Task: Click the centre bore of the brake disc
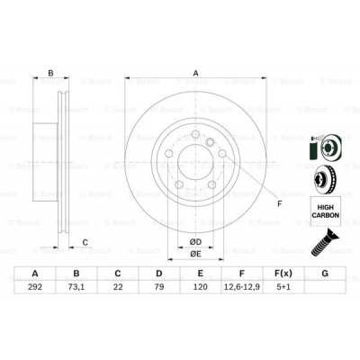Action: [x=193, y=167]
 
